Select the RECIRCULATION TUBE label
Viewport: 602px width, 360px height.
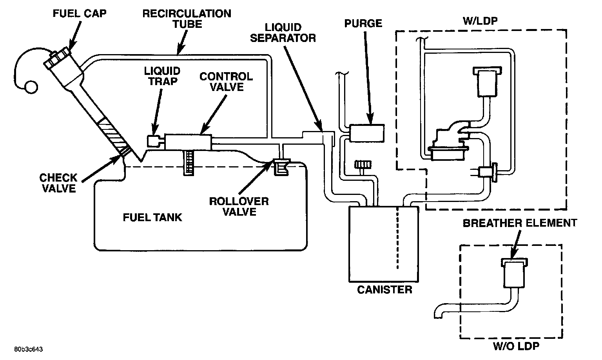[x=186, y=19]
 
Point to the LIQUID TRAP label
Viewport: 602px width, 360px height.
[x=162, y=76]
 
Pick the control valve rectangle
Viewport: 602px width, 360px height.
[x=188, y=141]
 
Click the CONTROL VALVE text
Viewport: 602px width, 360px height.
[x=226, y=82]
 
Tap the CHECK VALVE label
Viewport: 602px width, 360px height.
[x=58, y=183]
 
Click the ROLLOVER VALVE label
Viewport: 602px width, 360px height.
[x=239, y=207]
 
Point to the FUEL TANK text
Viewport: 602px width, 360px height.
[x=152, y=217]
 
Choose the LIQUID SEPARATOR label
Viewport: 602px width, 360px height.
[x=283, y=33]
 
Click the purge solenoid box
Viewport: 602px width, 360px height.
[x=367, y=133]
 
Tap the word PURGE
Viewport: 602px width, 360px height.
[x=363, y=24]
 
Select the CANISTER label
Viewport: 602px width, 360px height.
[x=384, y=290]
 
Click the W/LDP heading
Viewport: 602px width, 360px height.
[x=480, y=21]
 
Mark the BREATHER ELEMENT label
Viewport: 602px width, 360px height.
[x=520, y=223]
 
